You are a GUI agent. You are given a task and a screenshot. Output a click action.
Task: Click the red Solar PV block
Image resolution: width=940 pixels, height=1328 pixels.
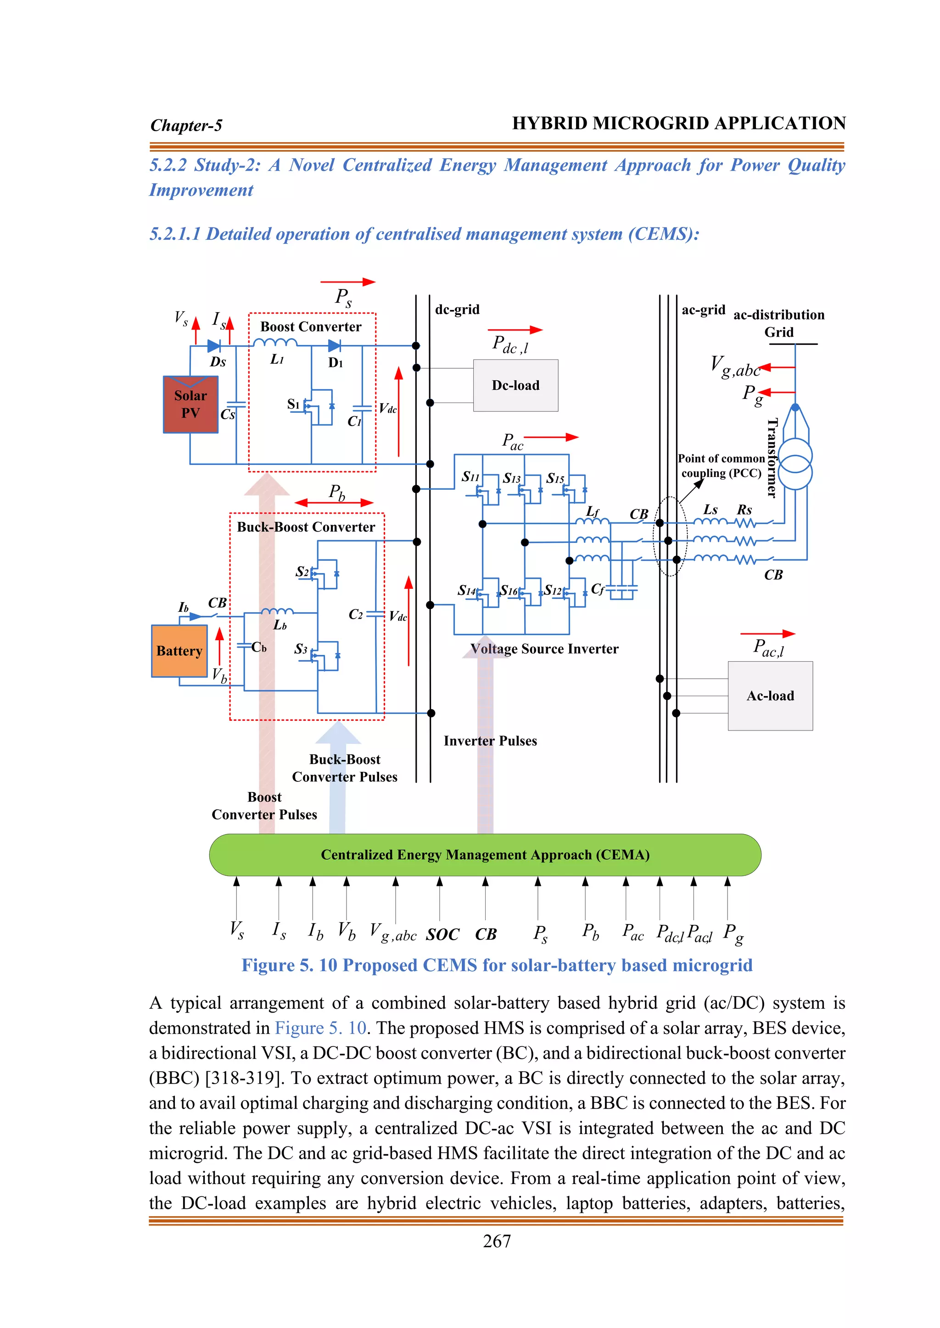(x=190, y=404)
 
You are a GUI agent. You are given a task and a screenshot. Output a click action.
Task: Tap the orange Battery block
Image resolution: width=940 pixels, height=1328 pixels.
(x=179, y=651)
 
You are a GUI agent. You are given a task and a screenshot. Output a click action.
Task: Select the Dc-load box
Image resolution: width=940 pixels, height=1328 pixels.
(x=515, y=385)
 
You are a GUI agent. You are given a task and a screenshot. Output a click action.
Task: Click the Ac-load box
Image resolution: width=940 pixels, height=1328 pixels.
(x=770, y=695)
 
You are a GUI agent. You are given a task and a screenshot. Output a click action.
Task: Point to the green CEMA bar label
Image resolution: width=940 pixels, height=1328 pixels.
(x=485, y=855)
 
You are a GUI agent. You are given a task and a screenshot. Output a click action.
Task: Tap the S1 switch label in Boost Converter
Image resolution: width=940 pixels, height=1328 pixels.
(x=293, y=404)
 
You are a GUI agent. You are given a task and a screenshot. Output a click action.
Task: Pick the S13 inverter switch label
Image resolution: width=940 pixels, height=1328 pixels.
(x=512, y=478)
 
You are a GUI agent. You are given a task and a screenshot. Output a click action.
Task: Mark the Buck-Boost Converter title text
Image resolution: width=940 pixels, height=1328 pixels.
(x=306, y=527)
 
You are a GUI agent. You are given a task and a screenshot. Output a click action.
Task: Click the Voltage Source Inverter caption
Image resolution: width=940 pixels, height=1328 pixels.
(x=544, y=649)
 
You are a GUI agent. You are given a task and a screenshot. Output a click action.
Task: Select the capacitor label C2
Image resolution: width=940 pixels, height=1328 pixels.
(x=355, y=614)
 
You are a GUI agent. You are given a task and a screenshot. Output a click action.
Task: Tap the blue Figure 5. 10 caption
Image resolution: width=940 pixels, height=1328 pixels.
(x=497, y=965)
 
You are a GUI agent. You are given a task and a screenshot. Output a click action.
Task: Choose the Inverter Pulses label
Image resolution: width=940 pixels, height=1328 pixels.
(x=490, y=741)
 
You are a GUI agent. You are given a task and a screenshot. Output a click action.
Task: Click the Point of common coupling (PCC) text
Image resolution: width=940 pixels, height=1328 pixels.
(x=721, y=465)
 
